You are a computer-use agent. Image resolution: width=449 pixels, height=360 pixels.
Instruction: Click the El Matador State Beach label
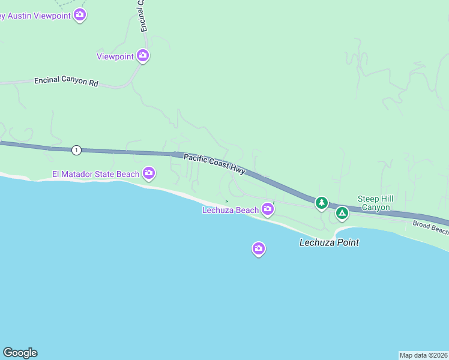click(95, 175)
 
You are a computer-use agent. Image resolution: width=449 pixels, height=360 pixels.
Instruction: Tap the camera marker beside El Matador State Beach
click(149, 174)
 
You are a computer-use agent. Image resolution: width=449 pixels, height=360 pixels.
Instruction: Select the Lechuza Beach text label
click(231, 210)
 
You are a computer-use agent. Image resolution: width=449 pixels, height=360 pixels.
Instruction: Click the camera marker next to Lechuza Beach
click(268, 209)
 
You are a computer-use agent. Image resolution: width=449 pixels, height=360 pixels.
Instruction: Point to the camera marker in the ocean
click(259, 248)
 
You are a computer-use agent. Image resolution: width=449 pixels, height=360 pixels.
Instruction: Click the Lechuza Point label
click(329, 242)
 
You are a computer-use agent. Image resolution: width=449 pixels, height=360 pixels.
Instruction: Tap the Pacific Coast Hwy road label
click(214, 163)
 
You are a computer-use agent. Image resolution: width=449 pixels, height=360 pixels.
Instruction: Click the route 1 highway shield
click(76, 149)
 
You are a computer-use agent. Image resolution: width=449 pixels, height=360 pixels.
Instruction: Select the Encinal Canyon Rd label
click(66, 81)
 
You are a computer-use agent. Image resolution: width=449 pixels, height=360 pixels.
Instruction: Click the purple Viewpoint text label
click(115, 56)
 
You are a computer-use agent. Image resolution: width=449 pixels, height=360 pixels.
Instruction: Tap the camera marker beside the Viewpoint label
click(143, 56)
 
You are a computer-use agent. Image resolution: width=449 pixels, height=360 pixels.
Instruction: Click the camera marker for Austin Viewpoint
click(80, 16)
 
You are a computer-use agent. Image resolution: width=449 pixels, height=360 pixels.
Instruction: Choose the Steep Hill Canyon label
click(375, 203)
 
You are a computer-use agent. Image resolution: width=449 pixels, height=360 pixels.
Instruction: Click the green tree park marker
click(322, 203)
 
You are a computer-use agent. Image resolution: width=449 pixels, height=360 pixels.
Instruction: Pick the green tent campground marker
click(342, 212)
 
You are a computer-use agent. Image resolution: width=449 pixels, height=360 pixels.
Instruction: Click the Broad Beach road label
click(430, 227)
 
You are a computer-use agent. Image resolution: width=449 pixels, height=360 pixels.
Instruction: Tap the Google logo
click(20, 353)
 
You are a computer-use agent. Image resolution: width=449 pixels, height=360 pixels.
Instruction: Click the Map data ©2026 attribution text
click(423, 355)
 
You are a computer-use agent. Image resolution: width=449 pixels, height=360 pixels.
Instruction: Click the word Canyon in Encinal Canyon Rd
click(74, 81)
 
